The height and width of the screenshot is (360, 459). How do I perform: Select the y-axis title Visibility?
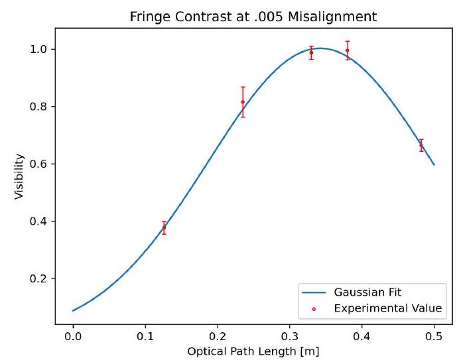tap(20, 178)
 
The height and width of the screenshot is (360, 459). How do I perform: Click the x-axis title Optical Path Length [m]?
tap(253, 350)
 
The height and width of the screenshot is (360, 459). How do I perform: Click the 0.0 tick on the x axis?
tap(73, 335)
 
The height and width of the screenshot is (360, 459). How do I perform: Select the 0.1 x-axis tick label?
tap(145, 335)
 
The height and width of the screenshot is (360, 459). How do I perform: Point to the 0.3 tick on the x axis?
tap(289, 335)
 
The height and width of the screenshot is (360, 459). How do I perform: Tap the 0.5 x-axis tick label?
tap(434, 335)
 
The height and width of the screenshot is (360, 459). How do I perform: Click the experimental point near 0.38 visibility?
tap(164, 227)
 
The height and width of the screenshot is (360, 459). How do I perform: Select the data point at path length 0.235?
tap(243, 101)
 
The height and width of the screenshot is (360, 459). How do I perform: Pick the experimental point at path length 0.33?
tap(311, 52)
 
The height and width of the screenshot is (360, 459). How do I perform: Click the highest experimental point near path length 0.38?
tap(347, 50)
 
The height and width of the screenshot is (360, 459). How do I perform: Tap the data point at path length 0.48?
tap(421, 145)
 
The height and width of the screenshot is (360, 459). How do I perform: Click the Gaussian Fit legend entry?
tap(367, 292)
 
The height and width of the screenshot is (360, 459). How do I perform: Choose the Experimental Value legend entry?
tap(378, 308)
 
